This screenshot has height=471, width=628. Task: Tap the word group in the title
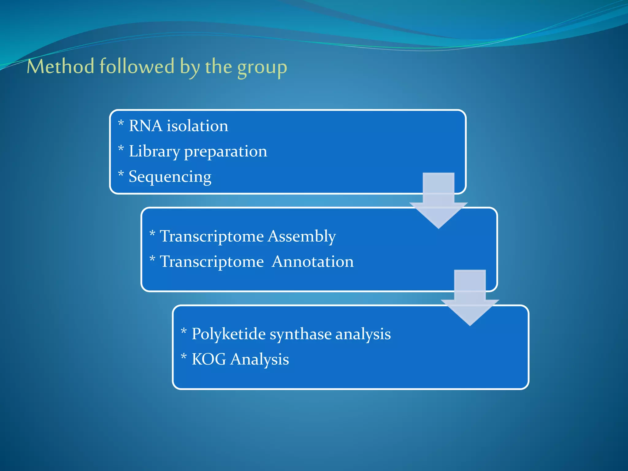[262, 67]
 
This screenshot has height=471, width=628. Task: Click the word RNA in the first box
[145, 126]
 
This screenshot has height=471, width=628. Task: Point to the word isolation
[197, 126]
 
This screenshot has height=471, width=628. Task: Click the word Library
[154, 152]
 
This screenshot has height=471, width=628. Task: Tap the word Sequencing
[170, 177]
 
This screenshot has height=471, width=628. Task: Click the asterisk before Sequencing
[121, 174]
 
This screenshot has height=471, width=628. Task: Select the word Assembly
[302, 237]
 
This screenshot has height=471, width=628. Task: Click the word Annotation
[312, 262]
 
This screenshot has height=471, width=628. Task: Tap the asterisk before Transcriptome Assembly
[152, 234]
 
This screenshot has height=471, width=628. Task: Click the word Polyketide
[228, 334]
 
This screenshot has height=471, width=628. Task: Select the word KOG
[209, 359]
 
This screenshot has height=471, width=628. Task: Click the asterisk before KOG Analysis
[184, 357]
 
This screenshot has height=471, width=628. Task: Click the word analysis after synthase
[363, 334]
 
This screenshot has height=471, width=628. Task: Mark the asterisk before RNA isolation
[121, 124]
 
